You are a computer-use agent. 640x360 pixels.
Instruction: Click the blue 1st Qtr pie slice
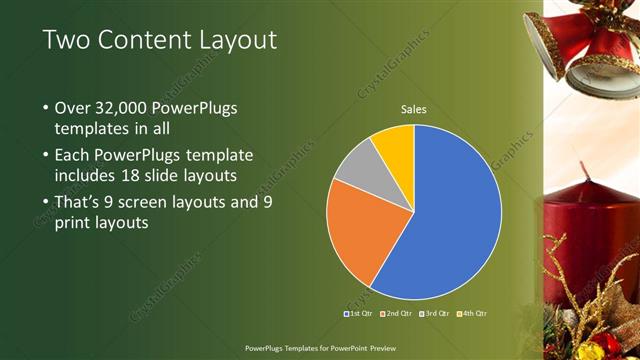(450, 215)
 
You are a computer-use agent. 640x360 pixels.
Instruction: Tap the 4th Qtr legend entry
(472, 314)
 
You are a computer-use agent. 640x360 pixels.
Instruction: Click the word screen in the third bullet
(146, 201)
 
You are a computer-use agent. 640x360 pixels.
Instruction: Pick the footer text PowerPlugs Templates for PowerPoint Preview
(319, 349)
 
